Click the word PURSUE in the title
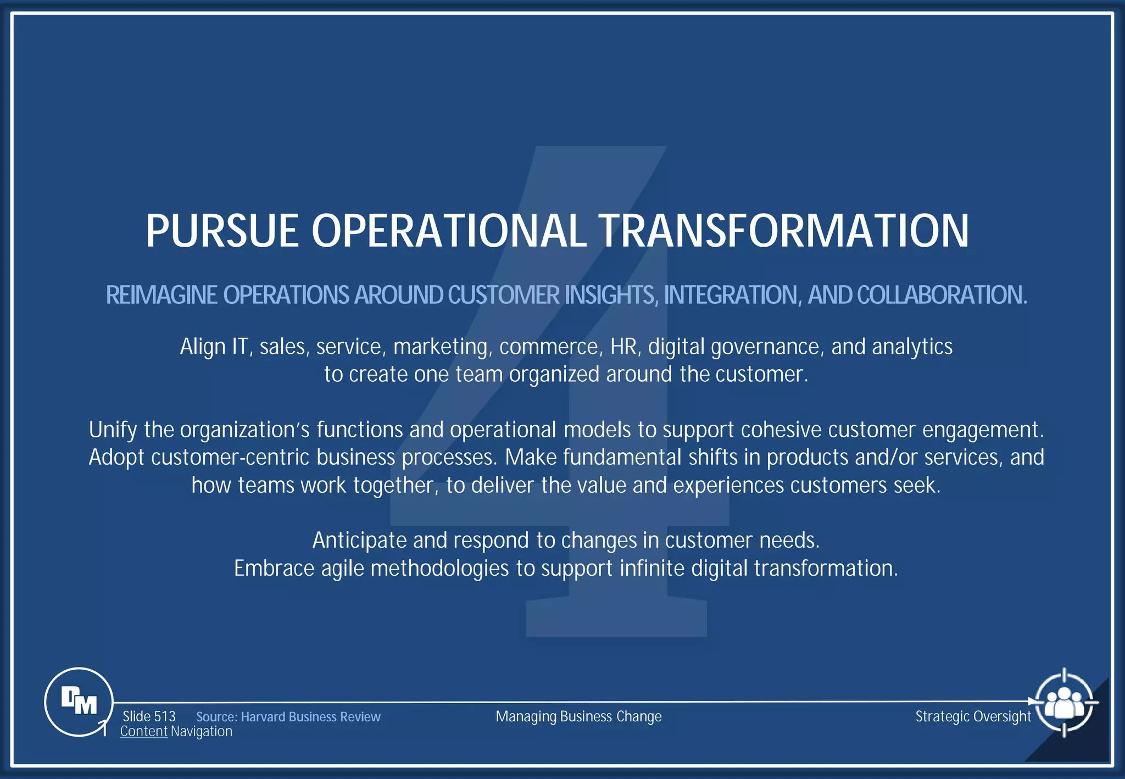222,231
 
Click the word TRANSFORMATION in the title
783,231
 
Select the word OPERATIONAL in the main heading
449,231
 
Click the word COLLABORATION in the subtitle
940,295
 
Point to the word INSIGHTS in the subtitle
611,295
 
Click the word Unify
113,430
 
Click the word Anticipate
359,541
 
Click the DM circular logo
79,702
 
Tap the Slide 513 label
149,716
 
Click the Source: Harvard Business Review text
288,717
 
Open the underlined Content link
143,732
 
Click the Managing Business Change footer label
578,716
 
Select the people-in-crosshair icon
1064,702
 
